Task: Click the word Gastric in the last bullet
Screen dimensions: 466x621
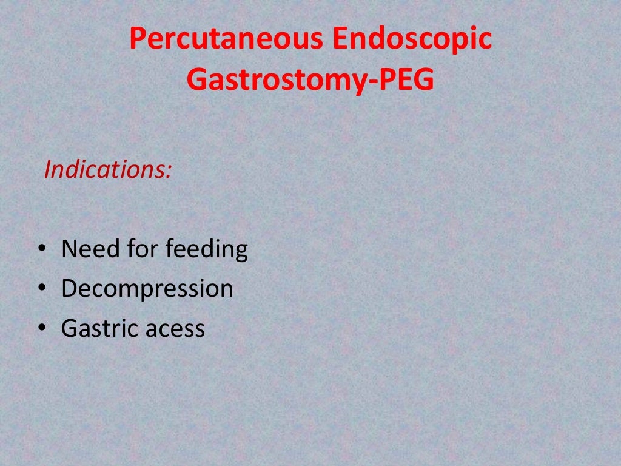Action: [99, 329]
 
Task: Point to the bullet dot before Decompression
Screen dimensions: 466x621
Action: [41, 289]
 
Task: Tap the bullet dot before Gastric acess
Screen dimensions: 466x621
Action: [41, 328]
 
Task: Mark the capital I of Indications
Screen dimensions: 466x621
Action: [47, 170]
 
